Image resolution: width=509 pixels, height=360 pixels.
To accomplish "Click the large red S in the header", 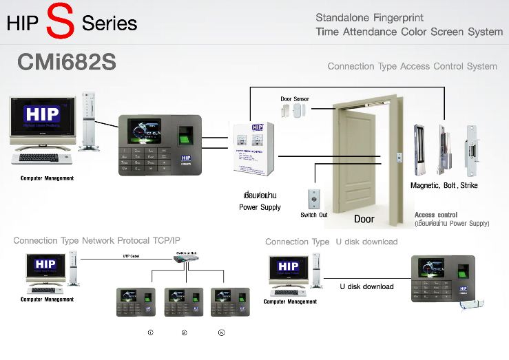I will (61, 22).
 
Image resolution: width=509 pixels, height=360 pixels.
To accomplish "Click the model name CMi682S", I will (66, 63).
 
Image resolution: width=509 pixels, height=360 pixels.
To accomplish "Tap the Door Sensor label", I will (295, 99).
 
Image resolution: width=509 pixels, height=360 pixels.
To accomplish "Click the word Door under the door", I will (364, 220).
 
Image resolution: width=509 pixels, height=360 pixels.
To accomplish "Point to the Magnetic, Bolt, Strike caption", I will (444, 186).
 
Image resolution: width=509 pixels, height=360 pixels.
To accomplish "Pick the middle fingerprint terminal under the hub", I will (184, 301).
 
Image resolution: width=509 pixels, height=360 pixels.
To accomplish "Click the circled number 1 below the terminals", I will (150, 332).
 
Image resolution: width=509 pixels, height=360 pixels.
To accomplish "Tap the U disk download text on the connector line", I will (367, 286).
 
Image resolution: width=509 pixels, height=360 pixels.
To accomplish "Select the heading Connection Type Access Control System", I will (412, 67).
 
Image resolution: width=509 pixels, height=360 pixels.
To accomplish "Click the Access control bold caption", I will (435, 215).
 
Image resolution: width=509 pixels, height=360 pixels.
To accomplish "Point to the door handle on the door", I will (397, 159).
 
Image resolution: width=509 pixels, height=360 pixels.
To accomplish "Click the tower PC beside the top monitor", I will (87, 122).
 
